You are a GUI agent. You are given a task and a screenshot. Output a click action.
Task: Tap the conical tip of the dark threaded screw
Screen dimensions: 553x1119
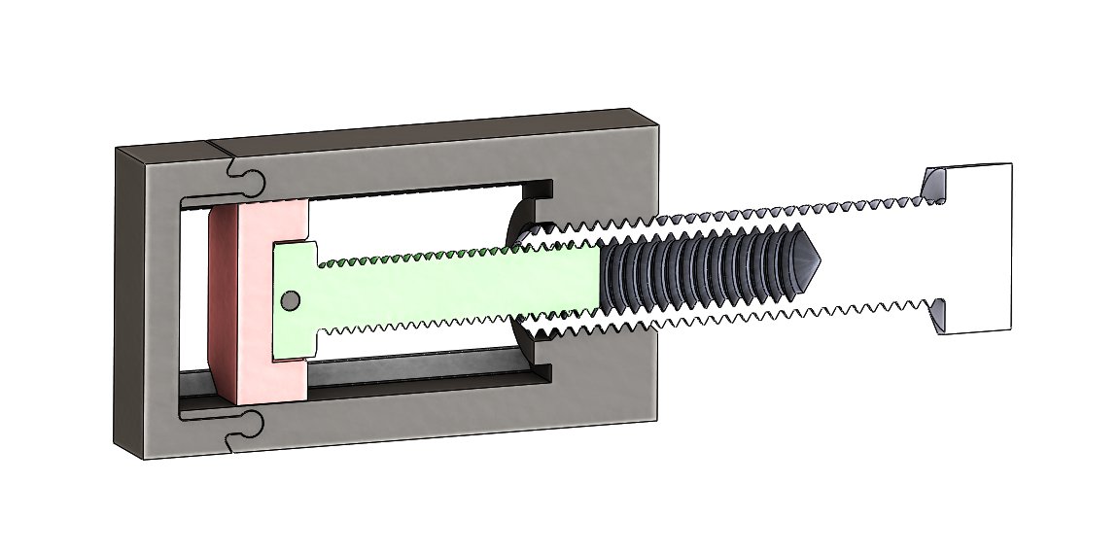(x=806, y=261)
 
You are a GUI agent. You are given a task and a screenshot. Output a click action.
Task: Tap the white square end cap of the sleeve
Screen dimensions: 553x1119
(x=977, y=249)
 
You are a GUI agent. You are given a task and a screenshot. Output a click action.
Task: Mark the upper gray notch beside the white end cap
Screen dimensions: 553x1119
(x=932, y=184)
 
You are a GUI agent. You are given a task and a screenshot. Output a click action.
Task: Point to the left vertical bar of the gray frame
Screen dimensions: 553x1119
(x=146, y=301)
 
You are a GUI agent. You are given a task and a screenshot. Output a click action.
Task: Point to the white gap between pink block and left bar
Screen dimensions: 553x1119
(x=193, y=292)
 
